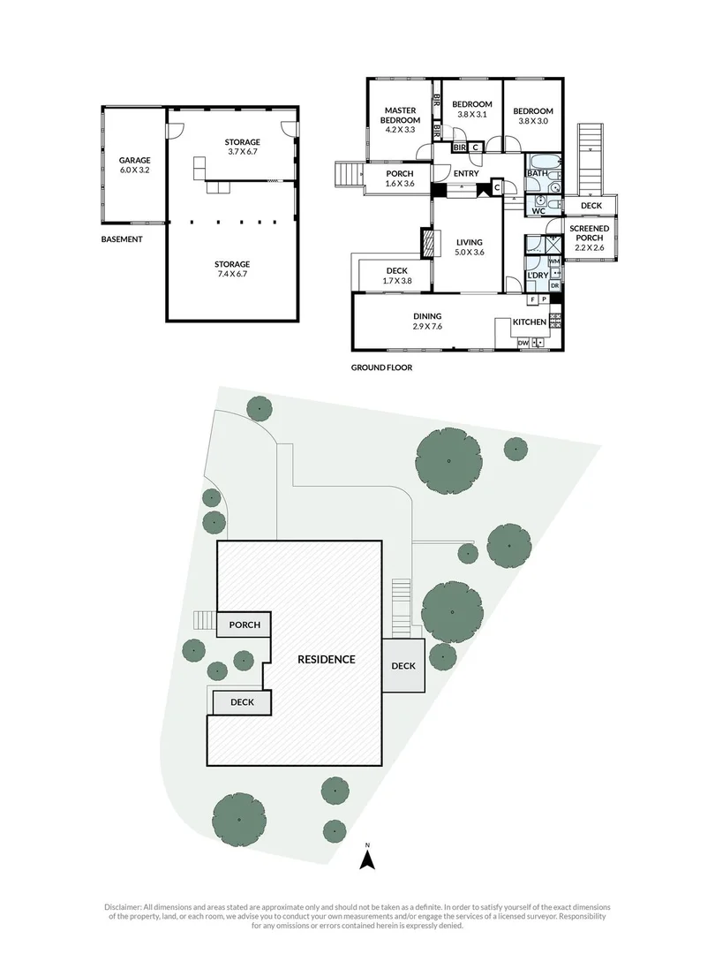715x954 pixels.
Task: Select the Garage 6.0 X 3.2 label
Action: tap(135, 165)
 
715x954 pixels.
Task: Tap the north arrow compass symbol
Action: tap(371, 855)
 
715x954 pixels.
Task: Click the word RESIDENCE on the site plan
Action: tap(326, 659)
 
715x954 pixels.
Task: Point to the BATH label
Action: tap(537, 174)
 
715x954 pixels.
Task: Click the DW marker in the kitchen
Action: tap(523, 343)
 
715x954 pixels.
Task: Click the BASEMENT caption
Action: tap(123, 239)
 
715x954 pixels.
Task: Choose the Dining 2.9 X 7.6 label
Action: tap(427, 322)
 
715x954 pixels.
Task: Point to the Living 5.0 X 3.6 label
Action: tap(469, 247)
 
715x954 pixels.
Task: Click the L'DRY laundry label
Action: tap(537, 277)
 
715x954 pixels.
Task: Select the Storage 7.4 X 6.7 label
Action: tap(232, 269)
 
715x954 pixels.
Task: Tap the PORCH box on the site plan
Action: tap(245, 625)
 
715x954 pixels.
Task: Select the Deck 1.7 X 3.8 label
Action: tap(395, 276)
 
